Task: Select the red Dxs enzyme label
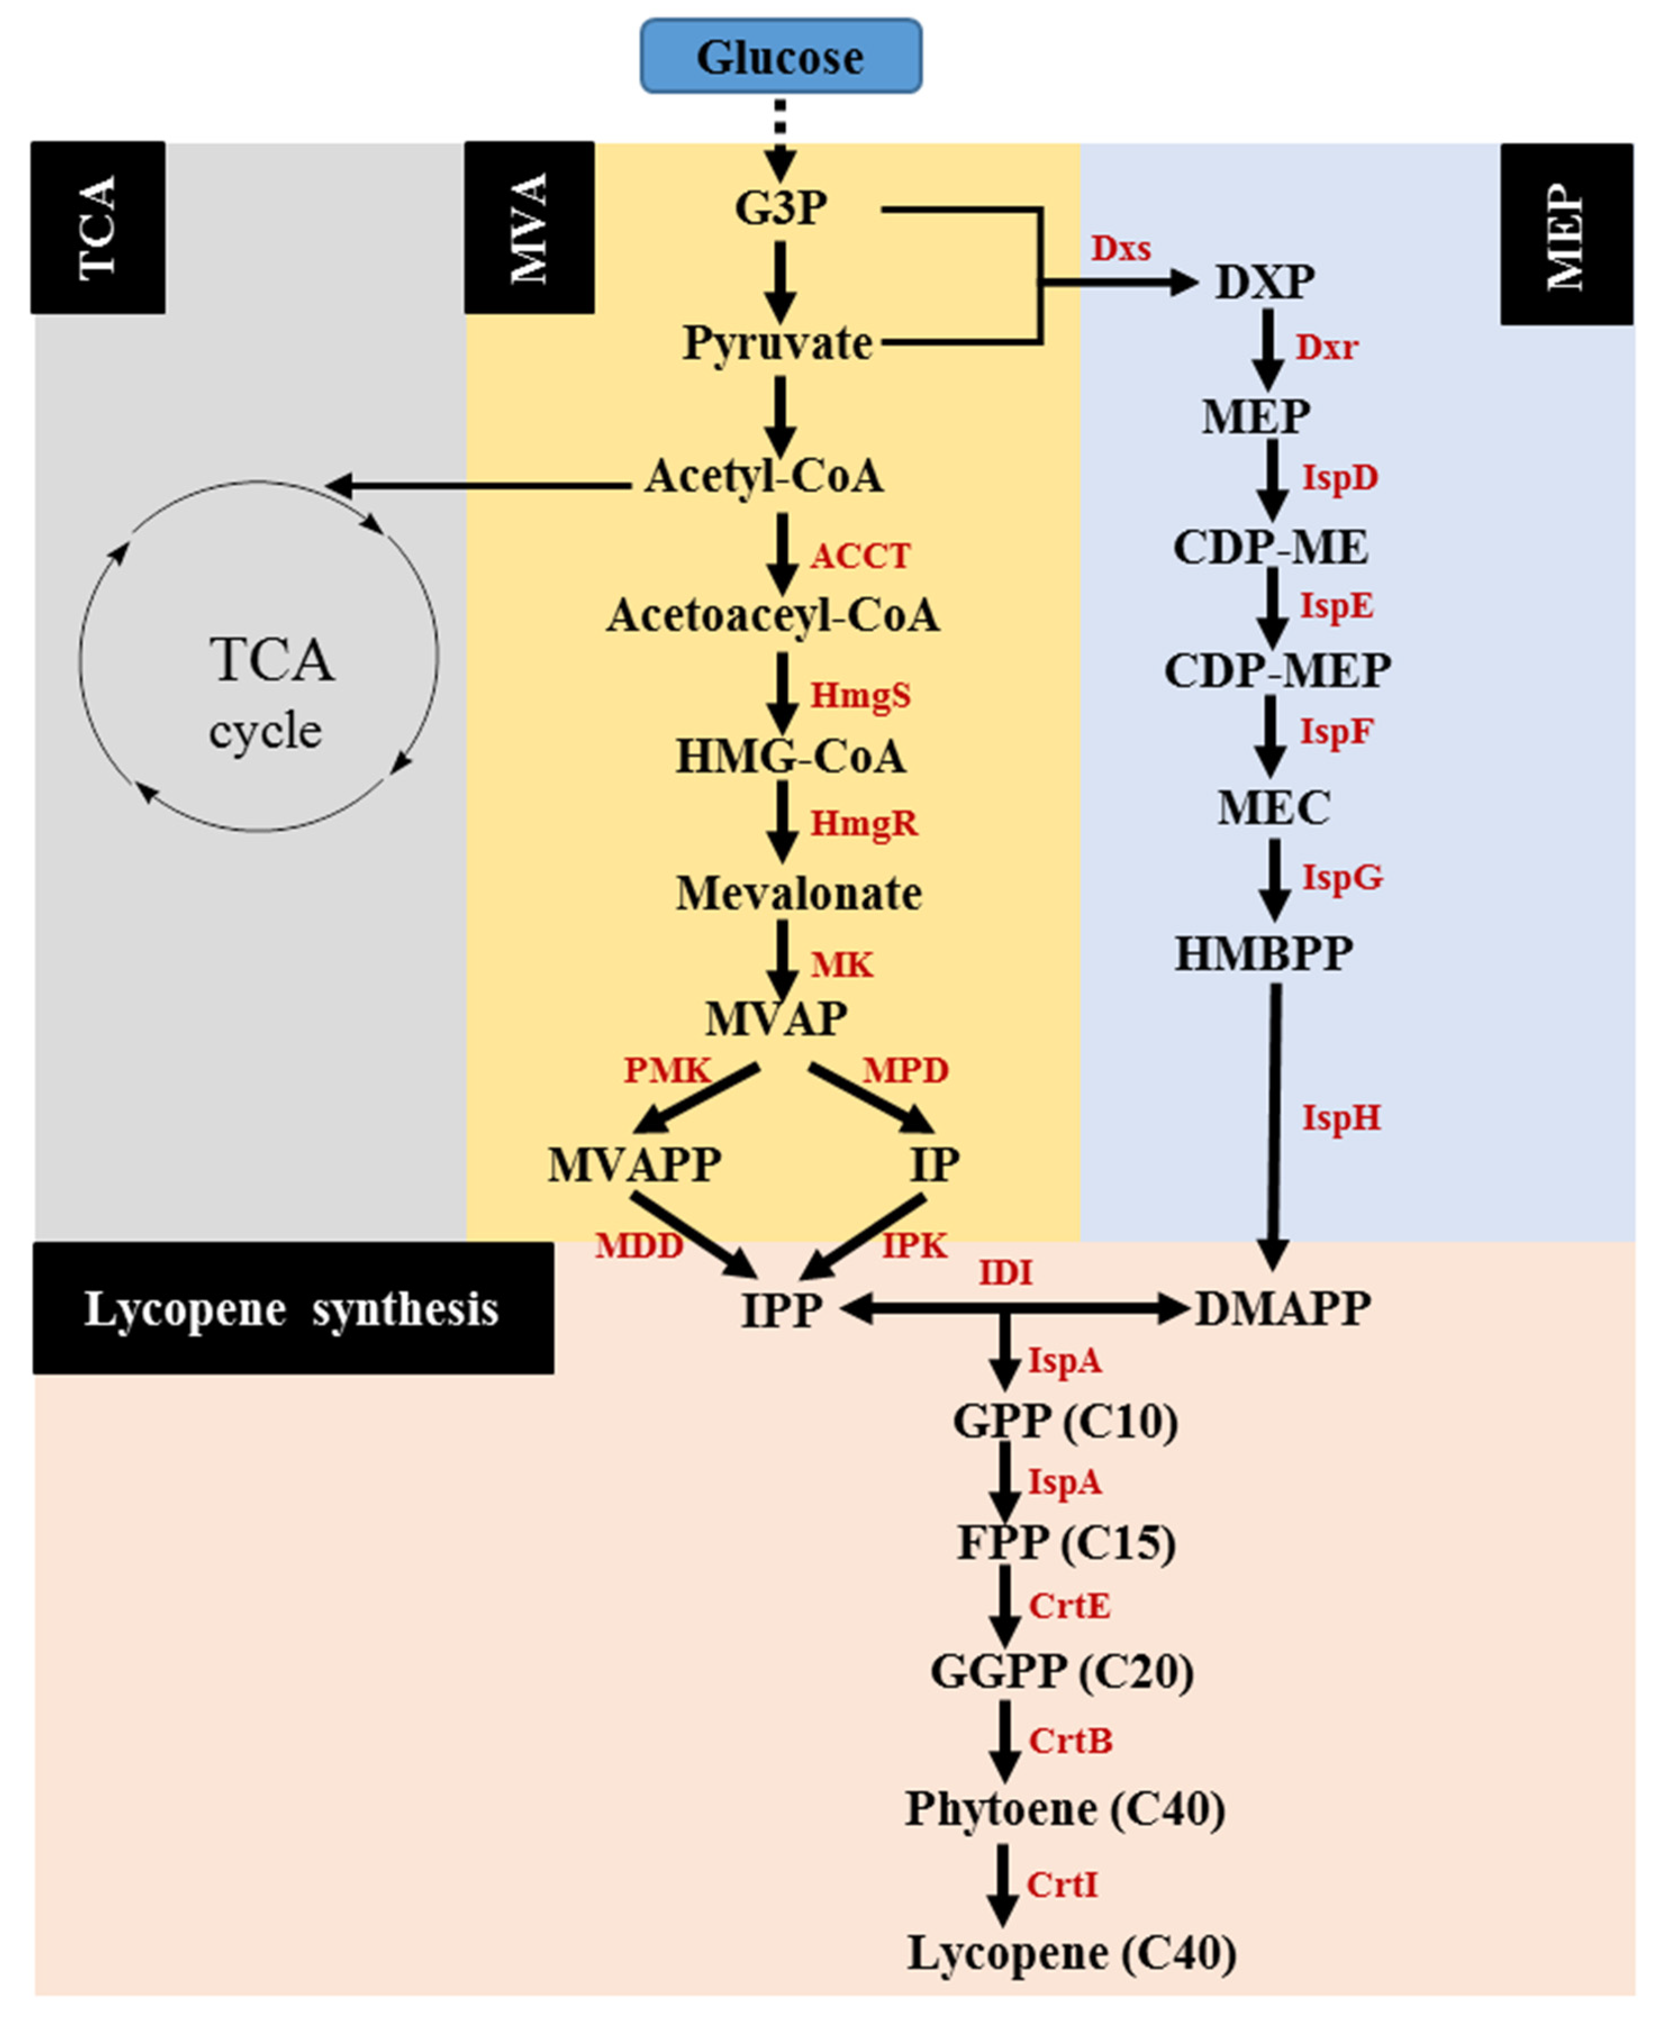1120,249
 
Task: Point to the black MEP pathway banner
1566,234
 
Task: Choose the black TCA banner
98,227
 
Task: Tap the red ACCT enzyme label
859,556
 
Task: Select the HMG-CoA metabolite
790,756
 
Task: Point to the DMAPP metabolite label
1282,1308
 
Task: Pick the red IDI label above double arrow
1006,1273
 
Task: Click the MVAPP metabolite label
634,1165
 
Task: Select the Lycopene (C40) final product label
1071,1952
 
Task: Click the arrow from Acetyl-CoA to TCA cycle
480,485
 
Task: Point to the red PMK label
666,1070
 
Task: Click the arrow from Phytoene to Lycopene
1004,1884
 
